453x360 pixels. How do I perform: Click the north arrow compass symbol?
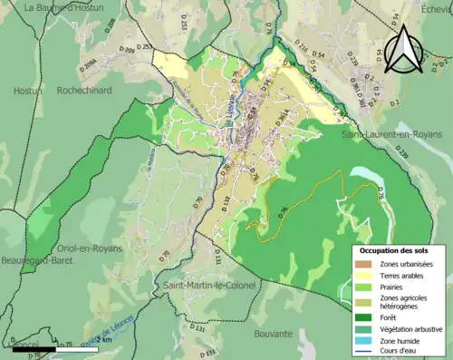[x=405, y=49]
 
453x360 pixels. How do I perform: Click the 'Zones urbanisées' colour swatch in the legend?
[x=362, y=264]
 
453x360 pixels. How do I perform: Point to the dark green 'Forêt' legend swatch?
[x=362, y=317]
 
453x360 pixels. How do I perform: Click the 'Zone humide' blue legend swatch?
[x=362, y=341]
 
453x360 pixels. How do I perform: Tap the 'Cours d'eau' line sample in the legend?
[x=362, y=352]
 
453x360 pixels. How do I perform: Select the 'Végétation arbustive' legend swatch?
[x=362, y=329]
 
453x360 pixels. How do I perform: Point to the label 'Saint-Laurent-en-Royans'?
[x=391, y=134]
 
